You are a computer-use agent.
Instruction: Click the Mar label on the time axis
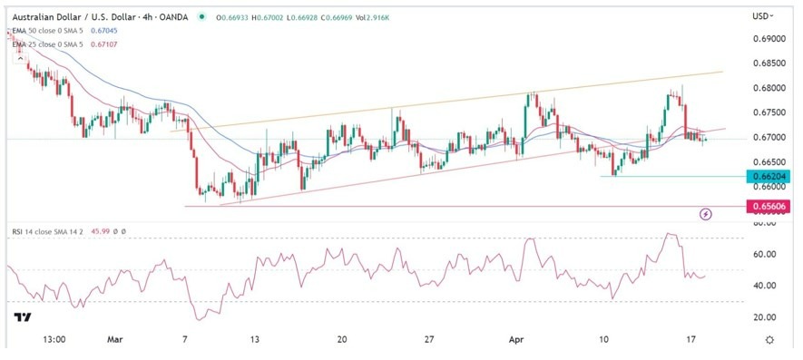(114, 340)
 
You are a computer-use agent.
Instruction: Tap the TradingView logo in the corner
(22, 316)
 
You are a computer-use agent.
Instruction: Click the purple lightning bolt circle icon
(706, 214)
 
